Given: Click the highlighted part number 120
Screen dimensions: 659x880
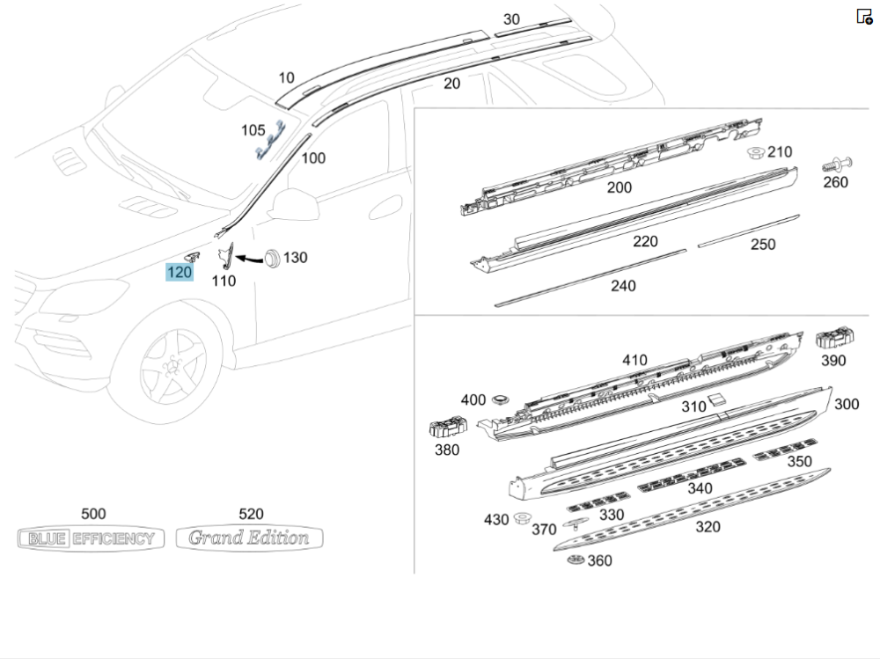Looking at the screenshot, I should [x=180, y=273].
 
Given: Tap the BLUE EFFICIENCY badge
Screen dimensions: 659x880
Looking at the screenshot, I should [x=92, y=538].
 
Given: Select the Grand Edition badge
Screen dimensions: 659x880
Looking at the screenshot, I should [x=249, y=538].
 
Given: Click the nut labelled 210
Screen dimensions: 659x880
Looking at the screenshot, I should [x=755, y=154].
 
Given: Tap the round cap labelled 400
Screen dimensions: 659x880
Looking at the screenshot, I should [x=502, y=399].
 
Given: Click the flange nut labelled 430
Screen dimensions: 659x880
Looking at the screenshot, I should [x=522, y=517].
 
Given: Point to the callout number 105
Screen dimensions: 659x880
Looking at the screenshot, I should [x=253, y=130].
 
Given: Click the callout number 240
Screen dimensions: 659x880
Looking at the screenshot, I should [x=622, y=285].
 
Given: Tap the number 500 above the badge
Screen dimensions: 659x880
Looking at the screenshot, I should [x=92, y=515].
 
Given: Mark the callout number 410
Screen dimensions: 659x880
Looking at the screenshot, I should [x=634, y=360].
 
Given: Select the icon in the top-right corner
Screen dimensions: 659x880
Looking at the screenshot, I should [x=864, y=17].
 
